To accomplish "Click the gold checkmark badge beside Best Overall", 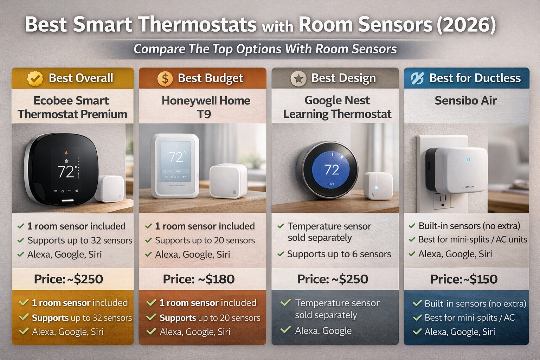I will [x=35, y=78].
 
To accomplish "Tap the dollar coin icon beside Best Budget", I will [x=165, y=78].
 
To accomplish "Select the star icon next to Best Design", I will [x=298, y=78].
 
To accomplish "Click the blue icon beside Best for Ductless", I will [x=417, y=78].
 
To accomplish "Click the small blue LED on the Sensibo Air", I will [x=468, y=160].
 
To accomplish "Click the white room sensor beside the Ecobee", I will [x=110, y=188].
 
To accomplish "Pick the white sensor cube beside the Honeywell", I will [x=228, y=181].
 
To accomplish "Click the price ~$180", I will [x=199, y=279].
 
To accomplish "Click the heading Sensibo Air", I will [x=465, y=101].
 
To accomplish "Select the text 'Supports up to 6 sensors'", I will [x=339, y=254].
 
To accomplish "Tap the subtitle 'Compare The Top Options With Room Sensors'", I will [x=265, y=49].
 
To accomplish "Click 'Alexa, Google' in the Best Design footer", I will [x=323, y=331].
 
